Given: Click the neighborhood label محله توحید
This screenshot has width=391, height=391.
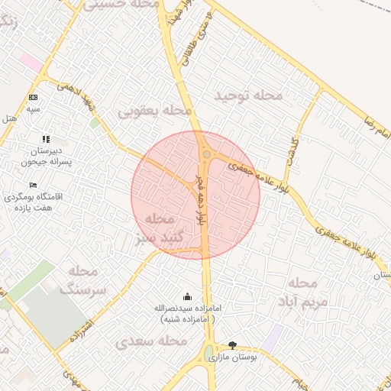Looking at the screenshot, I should point(248,95).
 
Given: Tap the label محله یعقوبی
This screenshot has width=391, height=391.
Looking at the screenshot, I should point(154,111).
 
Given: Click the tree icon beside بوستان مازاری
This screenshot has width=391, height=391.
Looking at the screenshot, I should point(233,344).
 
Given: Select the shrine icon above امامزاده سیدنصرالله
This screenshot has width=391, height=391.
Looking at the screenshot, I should point(188,296).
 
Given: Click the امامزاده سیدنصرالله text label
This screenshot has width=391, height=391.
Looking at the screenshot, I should point(188,313).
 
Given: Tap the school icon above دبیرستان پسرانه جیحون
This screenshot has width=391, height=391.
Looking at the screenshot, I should point(46,140).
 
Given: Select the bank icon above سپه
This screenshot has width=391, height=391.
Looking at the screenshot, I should point(33,97).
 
